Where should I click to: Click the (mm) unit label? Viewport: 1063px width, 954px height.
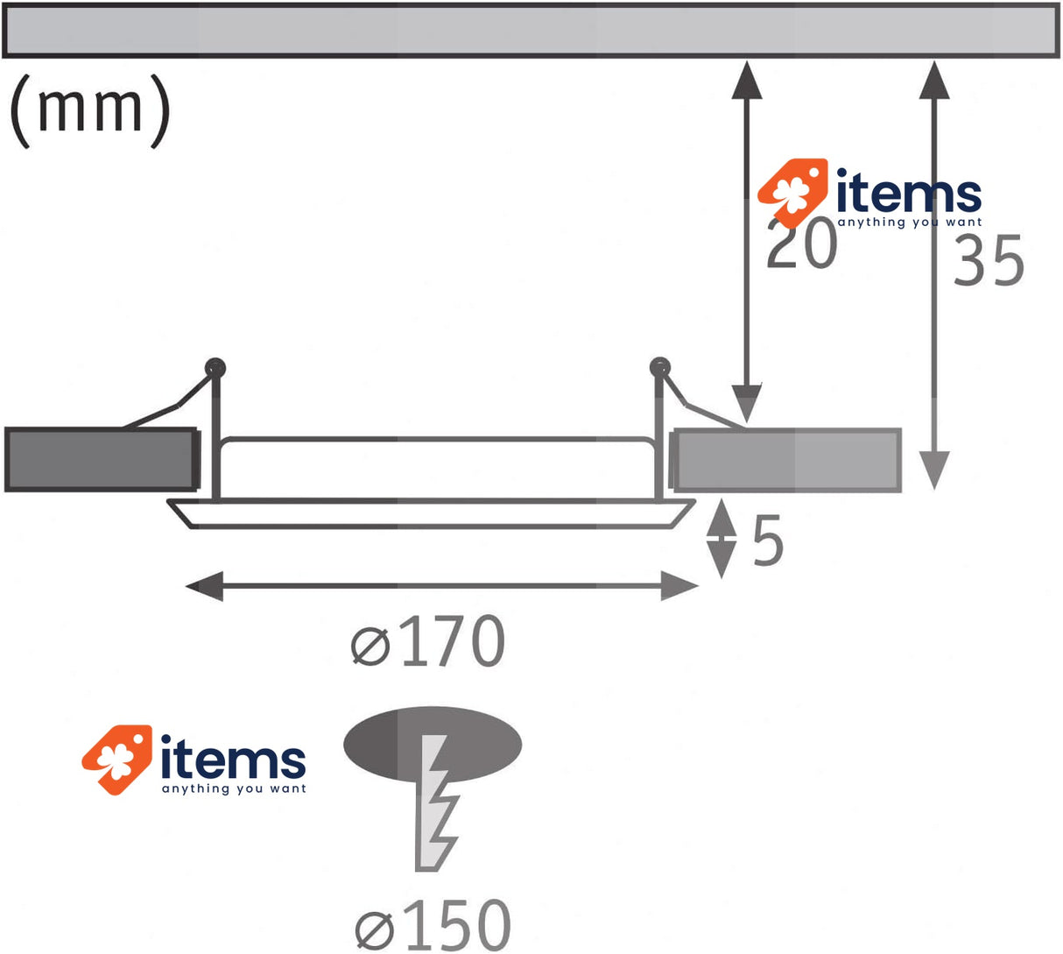(x=89, y=109)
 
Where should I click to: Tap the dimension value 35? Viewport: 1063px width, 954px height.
(x=989, y=261)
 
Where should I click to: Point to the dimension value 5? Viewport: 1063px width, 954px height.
(x=768, y=541)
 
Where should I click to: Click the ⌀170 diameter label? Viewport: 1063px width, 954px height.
(x=428, y=641)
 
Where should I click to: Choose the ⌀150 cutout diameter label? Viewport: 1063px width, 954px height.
(x=433, y=923)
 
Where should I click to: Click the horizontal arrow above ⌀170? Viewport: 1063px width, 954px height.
(x=442, y=586)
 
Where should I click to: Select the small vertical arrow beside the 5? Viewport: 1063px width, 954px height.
(x=722, y=539)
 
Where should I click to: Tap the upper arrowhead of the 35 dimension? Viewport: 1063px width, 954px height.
(x=934, y=80)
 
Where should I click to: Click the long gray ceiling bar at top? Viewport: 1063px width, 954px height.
(x=531, y=32)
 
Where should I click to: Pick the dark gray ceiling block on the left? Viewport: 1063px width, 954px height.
(x=101, y=459)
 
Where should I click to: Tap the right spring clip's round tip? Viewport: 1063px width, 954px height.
(x=660, y=366)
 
